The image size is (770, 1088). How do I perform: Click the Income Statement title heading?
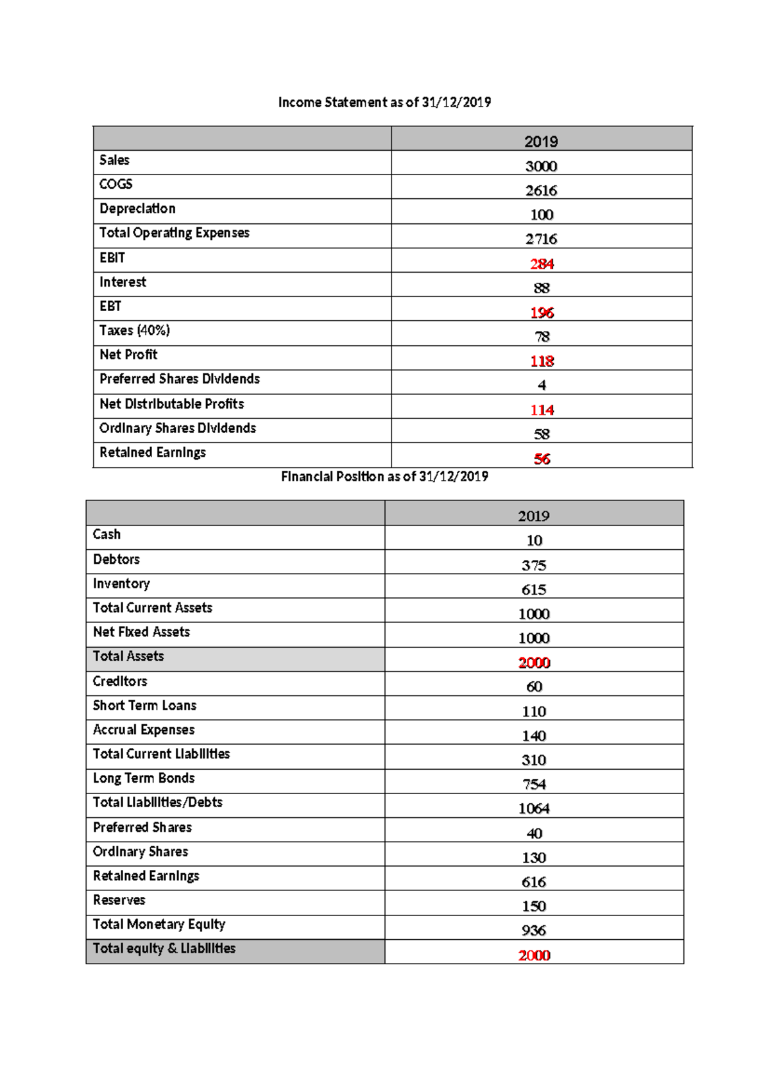(x=384, y=102)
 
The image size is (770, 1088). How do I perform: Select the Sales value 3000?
(x=541, y=166)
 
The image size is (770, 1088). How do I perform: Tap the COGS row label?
(x=116, y=184)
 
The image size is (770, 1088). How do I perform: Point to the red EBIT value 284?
(x=542, y=264)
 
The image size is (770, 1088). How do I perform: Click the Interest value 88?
(x=542, y=288)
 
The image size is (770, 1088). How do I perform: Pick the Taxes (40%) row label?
(x=135, y=330)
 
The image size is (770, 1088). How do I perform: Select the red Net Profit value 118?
(x=542, y=361)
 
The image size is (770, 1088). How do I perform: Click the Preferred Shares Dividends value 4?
(x=542, y=386)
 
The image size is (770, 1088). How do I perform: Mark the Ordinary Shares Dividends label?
(x=178, y=428)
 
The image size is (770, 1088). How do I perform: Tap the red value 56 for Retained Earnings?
(x=542, y=459)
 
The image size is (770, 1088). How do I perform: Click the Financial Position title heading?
(x=384, y=477)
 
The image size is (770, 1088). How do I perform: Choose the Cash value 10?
(x=534, y=541)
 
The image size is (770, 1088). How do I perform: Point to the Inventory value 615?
(x=534, y=590)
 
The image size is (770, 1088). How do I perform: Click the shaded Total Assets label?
(x=128, y=656)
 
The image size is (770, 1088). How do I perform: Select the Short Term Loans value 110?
(x=534, y=711)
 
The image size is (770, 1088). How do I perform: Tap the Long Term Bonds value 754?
(x=534, y=785)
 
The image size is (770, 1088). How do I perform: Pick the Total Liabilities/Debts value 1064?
(x=534, y=808)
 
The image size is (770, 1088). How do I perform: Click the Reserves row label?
(x=119, y=900)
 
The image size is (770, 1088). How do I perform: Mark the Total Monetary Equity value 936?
(x=534, y=930)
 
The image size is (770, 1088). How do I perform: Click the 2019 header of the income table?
(x=541, y=142)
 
